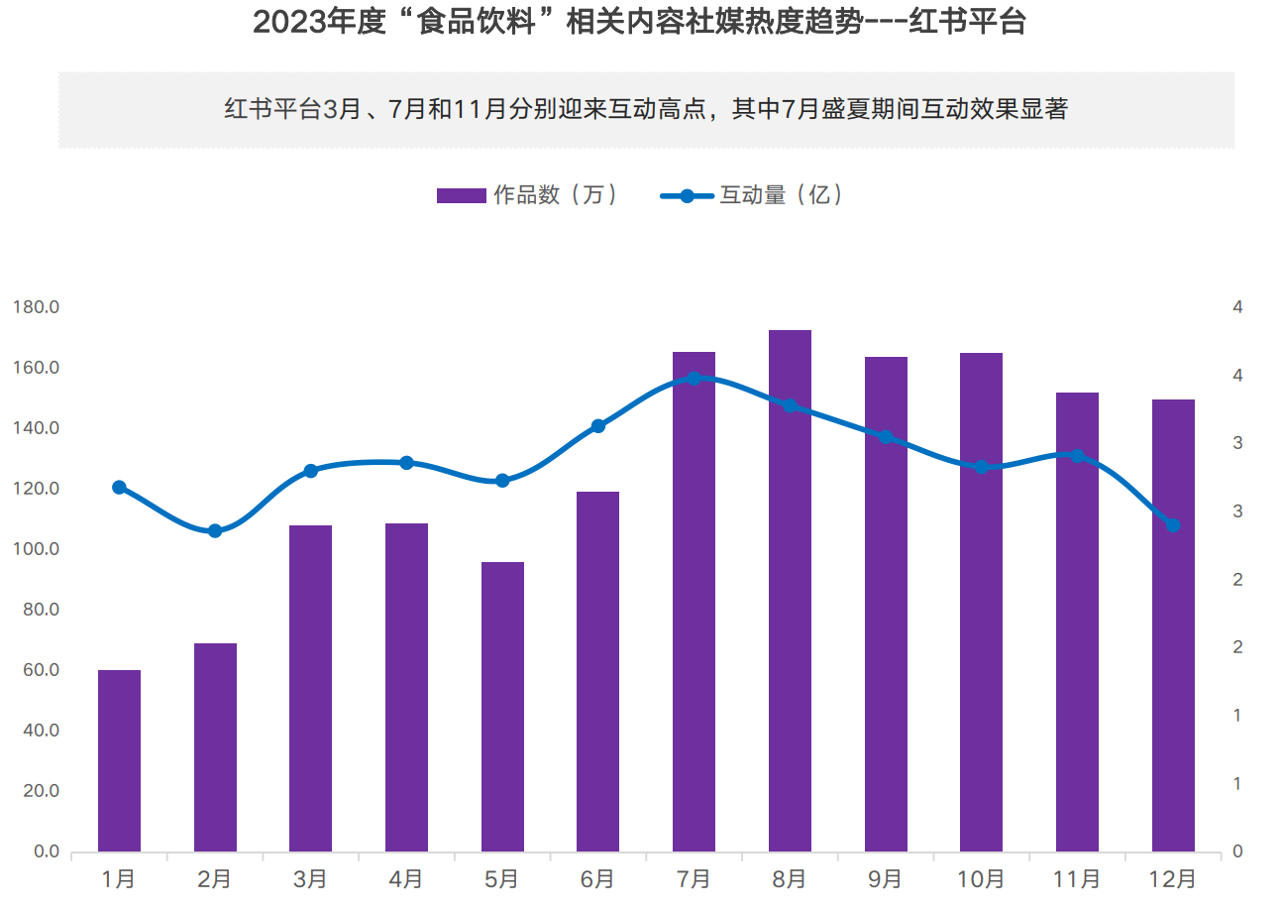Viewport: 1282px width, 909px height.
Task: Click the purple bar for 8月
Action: pyautogui.click(x=790, y=591)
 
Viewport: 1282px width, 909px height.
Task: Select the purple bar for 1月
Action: pyautogui.click(x=119, y=760)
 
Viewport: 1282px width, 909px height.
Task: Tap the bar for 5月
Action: pyautogui.click(x=502, y=707)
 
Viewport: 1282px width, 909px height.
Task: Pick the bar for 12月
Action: pyautogui.click(x=1173, y=625)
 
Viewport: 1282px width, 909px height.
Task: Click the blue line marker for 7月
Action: pyautogui.click(x=694, y=379)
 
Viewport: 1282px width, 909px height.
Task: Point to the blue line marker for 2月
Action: pyautogui.click(x=215, y=531)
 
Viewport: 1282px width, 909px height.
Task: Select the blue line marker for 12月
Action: pyautogui.click(x=1173, y=525)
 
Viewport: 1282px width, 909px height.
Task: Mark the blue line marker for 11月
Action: pyautogui.click(x=1078, y=456)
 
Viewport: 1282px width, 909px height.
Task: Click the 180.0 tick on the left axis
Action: pyautogui.click(x=37, y=307)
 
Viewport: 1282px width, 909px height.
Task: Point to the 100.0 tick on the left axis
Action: pyautogui.click(x=37, y=549)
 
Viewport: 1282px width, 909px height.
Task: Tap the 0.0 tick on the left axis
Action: pyautogui.click(x=47, y=852)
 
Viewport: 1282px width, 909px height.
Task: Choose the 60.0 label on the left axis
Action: pyautogui.click(x=41, y=670)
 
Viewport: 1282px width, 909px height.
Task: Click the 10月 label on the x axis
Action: pyautogui.click(x=982, y=878)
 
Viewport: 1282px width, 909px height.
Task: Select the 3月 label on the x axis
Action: pyautogui.click(x=310, y=878)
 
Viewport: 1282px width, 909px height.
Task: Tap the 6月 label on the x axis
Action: pyautogui.click(x=597, y=878)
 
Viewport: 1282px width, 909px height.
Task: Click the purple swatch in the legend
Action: pyautogui.click(x=461, y=195)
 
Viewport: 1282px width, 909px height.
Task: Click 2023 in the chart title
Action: pyautogui.click(x=285, y=22)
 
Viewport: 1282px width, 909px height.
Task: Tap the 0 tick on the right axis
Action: pyautogui.click(x=1236, y=852)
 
